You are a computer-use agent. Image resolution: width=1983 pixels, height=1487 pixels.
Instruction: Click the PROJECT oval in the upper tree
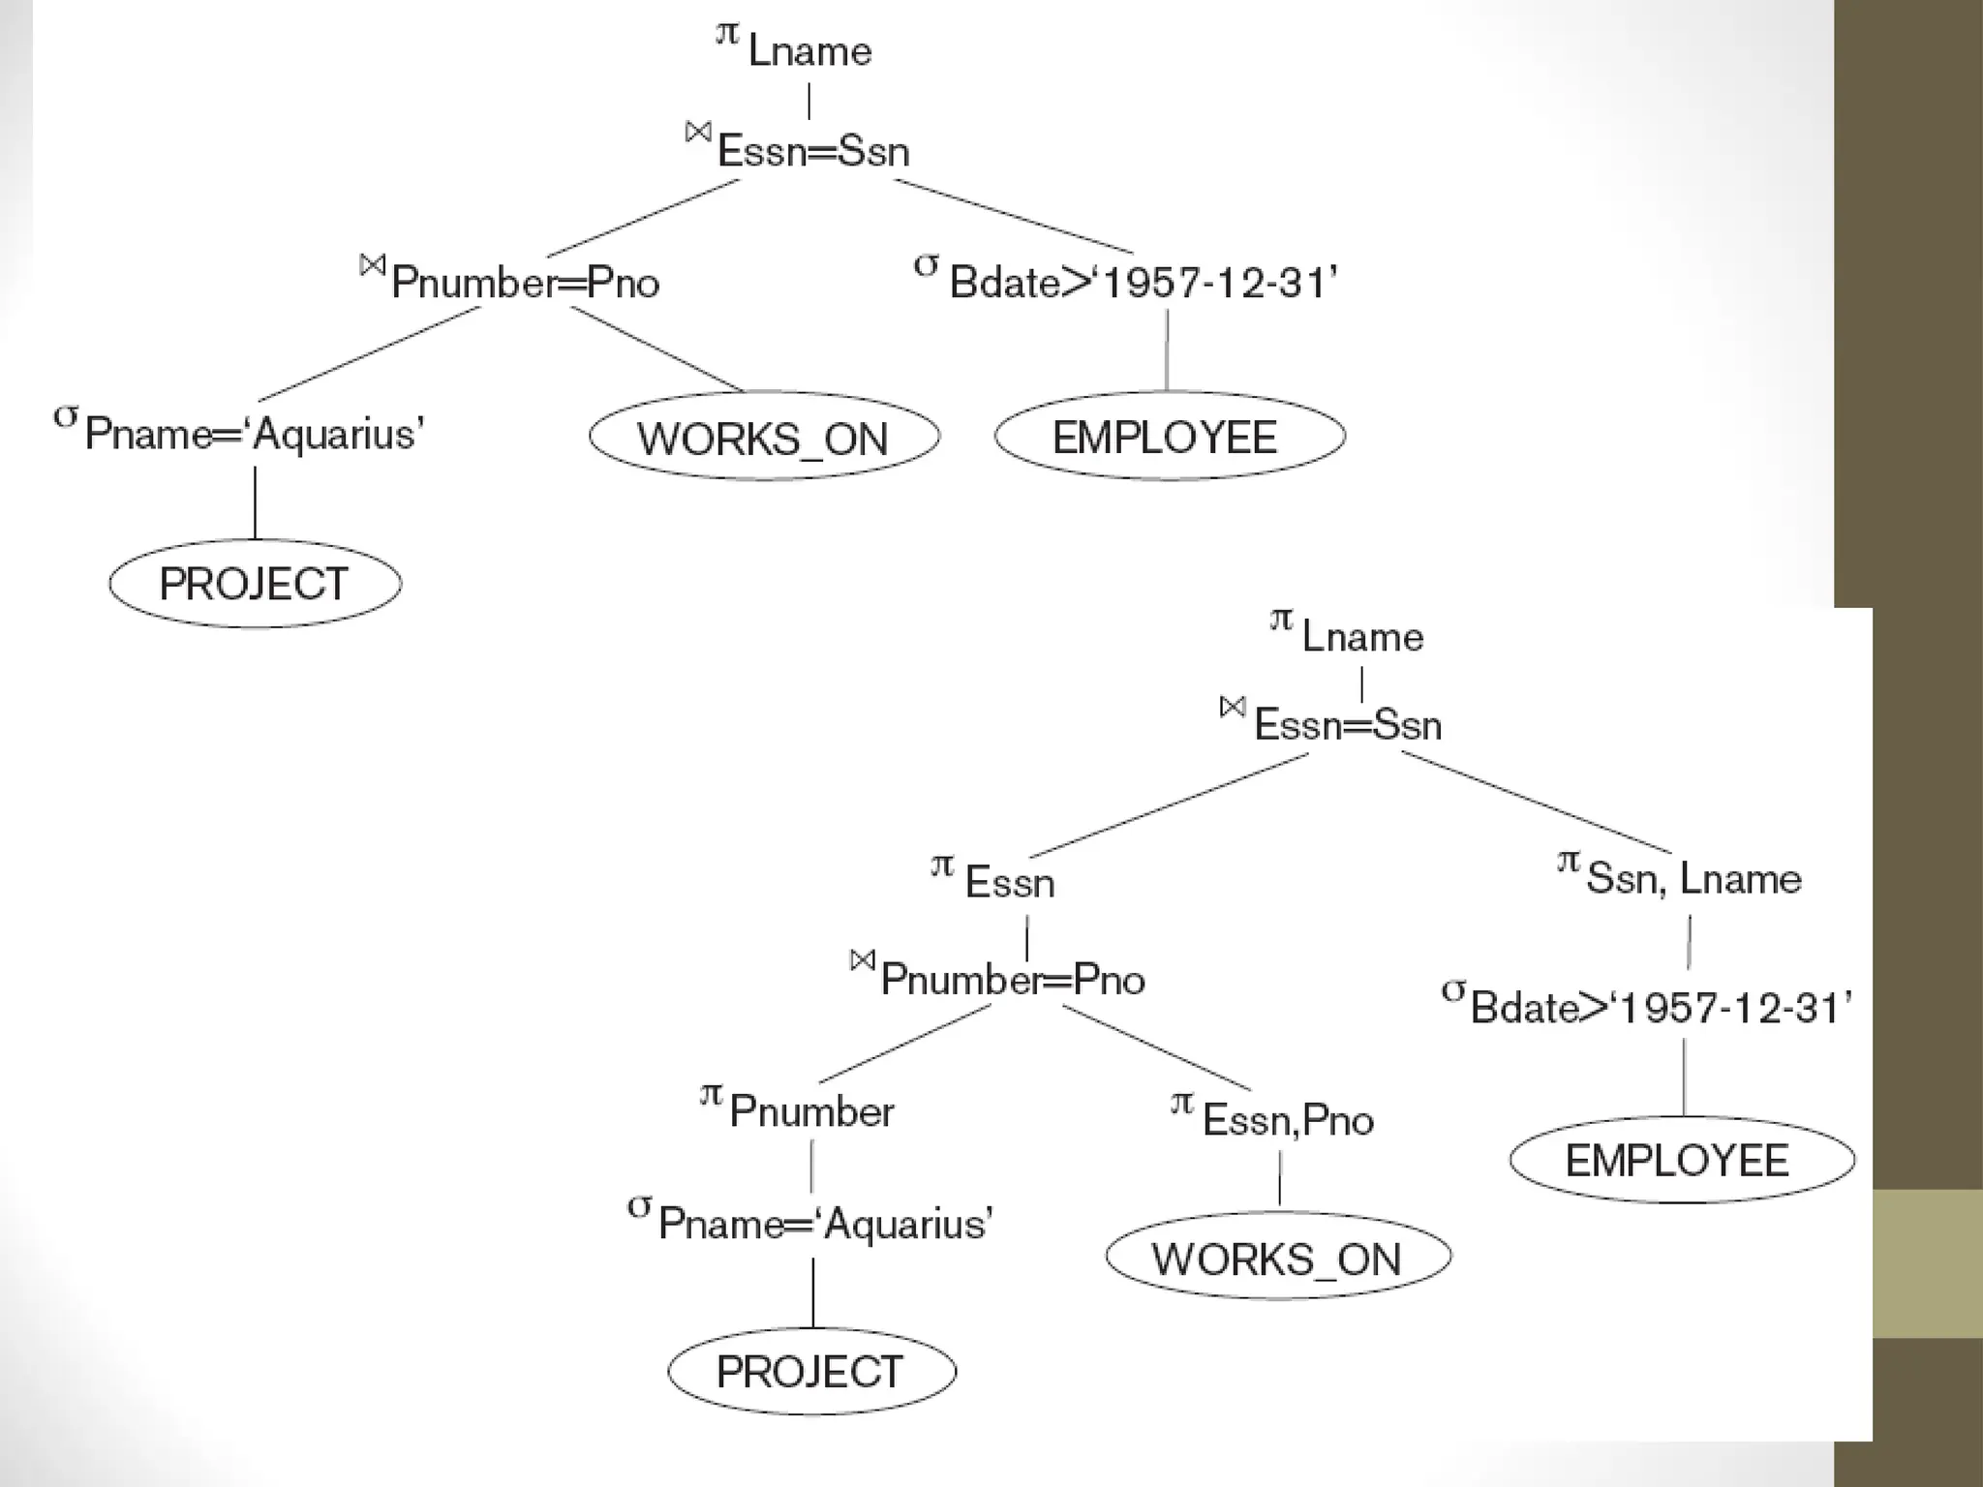coord(255,584)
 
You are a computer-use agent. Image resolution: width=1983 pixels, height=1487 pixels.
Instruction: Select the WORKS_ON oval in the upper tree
coord(764,438)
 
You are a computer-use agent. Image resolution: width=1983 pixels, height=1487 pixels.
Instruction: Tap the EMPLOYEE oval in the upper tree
coord(1169,437)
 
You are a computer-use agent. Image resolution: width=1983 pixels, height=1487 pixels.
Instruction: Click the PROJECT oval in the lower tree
coord(811,1372)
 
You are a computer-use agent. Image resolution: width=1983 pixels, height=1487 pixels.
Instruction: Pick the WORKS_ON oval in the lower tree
coord(1277,1258)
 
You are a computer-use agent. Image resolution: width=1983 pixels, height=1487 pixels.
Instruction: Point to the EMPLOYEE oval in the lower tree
coord(1681,1160)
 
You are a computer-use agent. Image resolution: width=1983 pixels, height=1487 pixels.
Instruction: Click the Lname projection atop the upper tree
coord(796,48)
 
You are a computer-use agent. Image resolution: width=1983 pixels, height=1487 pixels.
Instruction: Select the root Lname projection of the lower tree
coord(1350,634)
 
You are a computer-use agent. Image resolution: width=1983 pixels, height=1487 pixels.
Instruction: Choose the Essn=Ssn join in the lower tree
coord(1333,722)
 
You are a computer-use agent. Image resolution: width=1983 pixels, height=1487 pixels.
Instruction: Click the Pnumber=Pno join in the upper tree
coord(511,280)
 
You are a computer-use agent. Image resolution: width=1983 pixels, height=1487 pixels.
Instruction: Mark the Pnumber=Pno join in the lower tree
coord(999,978)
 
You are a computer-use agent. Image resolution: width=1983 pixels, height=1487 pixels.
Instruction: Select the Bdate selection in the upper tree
coord(1127,281)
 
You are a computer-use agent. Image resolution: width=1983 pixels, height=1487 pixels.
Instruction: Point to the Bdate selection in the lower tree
coord(1647,1007)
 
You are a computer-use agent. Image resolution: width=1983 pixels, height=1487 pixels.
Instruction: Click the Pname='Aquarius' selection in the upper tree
coord(241,431)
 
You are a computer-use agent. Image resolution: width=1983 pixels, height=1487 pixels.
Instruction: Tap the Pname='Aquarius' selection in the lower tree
coord(811,1222)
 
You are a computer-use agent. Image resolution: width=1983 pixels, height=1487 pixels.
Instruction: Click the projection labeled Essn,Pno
coord(1273,1118)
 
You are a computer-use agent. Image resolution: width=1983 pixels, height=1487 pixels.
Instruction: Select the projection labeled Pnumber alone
coord(799,1109)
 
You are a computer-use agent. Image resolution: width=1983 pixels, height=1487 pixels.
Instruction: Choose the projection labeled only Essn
coord(994,880)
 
